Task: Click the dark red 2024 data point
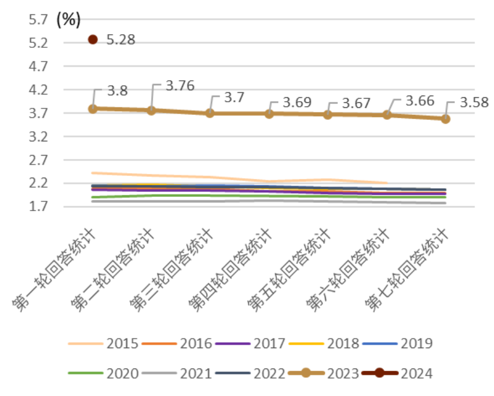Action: pos(93,40)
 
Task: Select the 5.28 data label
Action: pos(120,40)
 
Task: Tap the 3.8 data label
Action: pos(116,91)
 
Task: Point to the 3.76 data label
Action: pos(180,86)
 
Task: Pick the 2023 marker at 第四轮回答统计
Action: pos(269,113)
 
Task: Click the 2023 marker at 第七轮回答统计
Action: pos(446,118)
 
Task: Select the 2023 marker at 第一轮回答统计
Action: pos(93,109)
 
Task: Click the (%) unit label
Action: pos(69,20)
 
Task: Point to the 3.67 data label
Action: pos(356,103)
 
